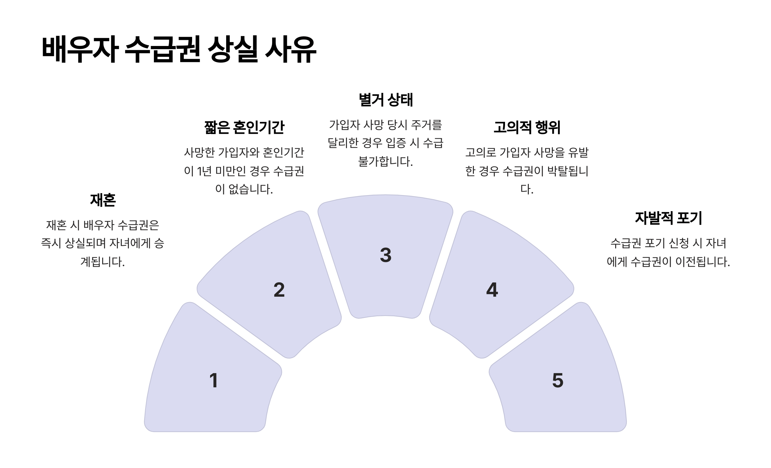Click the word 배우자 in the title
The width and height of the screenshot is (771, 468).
[x=80, y=50]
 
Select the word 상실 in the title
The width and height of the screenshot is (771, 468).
[x=233, y=50]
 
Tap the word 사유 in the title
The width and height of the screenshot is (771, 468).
[x=291, y=50]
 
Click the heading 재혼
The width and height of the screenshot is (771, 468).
[x=103, y=200]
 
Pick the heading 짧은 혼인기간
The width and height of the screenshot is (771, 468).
[x=244, y=127]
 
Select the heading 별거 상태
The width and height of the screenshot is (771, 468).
[x=385, y=100]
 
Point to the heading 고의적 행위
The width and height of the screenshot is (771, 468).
[x=527, y=127]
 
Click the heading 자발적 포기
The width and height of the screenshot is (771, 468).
[x=668, y=218]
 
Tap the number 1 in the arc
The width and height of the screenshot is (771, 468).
[x=214, y=380]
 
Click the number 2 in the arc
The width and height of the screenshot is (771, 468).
[x=279, y=290]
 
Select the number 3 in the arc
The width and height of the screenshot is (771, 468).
[x=385, y=255]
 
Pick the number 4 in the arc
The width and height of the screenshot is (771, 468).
[x=492, y=290]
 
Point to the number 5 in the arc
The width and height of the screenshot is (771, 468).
[x=558, y=380]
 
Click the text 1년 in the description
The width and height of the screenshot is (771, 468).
[x=204, y=171]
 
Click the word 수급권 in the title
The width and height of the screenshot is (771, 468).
[x=163, y=50]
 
